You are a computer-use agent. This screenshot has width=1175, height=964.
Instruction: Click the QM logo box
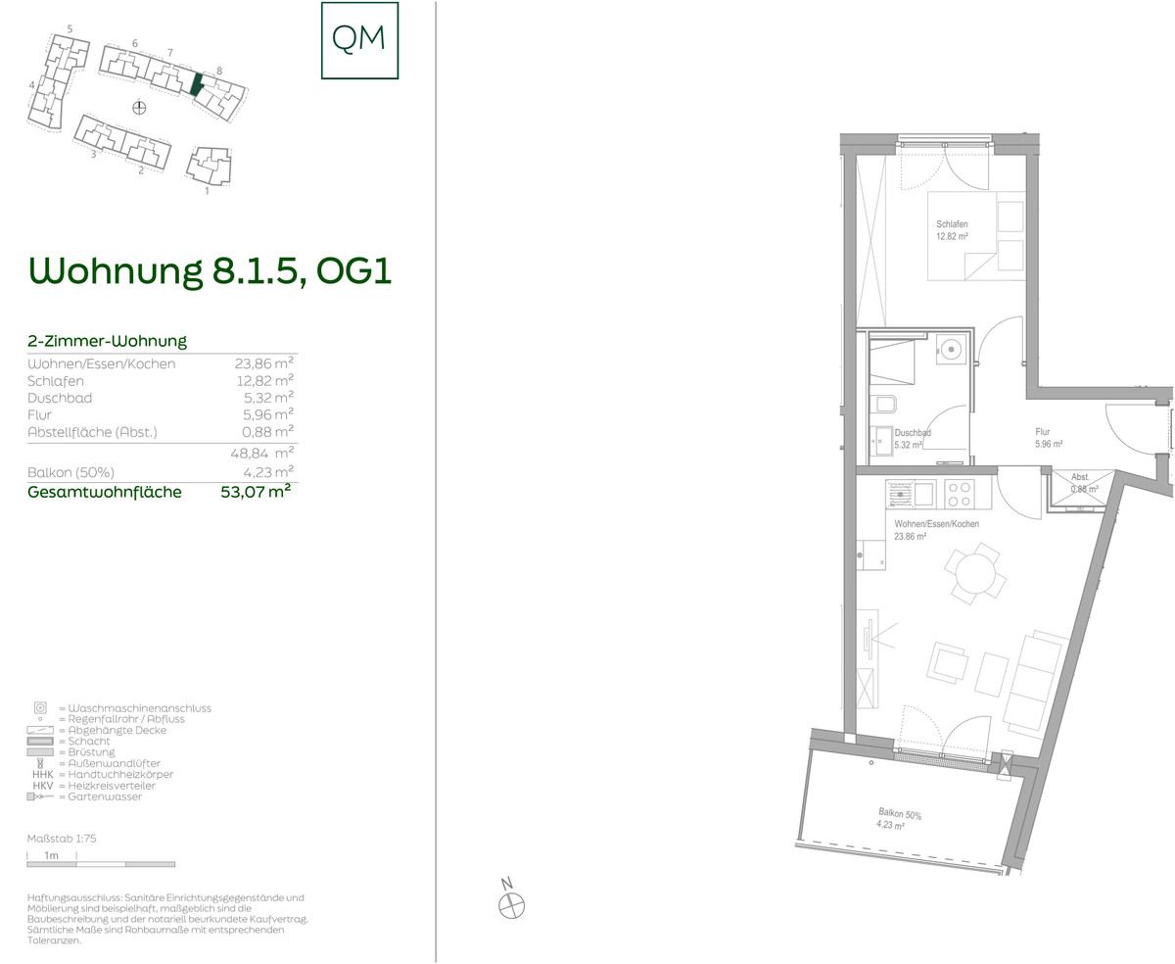click(x=359, y=40)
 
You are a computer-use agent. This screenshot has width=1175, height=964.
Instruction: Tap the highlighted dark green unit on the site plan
click(x=196, y=84)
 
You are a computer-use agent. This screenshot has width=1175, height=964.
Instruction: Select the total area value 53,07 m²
click(x=256, y=492)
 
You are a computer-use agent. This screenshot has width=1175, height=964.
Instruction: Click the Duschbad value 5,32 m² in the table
click(x=268, y=398)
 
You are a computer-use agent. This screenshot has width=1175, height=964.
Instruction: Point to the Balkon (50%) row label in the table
click(x=70, y=473)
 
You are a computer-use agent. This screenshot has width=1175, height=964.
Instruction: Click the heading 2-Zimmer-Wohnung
click(x=107, y=341)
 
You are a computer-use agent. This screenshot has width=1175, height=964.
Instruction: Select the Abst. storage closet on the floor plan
click(x=1082, y=490)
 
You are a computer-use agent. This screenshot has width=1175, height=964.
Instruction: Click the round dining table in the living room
click(x=975, y=573)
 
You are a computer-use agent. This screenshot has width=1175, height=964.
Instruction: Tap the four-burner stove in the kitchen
click(x=960, y=494)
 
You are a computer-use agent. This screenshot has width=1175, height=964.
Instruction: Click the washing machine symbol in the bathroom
click(x=951, y=350)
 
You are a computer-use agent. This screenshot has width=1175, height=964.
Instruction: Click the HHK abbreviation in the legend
click(x=43, y=775)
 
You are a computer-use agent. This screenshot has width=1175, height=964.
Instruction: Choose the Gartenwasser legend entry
click(x=84, y=796)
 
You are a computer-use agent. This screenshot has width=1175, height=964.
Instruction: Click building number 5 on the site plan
click(x=70, y=29)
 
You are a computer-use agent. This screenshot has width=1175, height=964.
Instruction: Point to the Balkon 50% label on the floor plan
click(x=900, y=814)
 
